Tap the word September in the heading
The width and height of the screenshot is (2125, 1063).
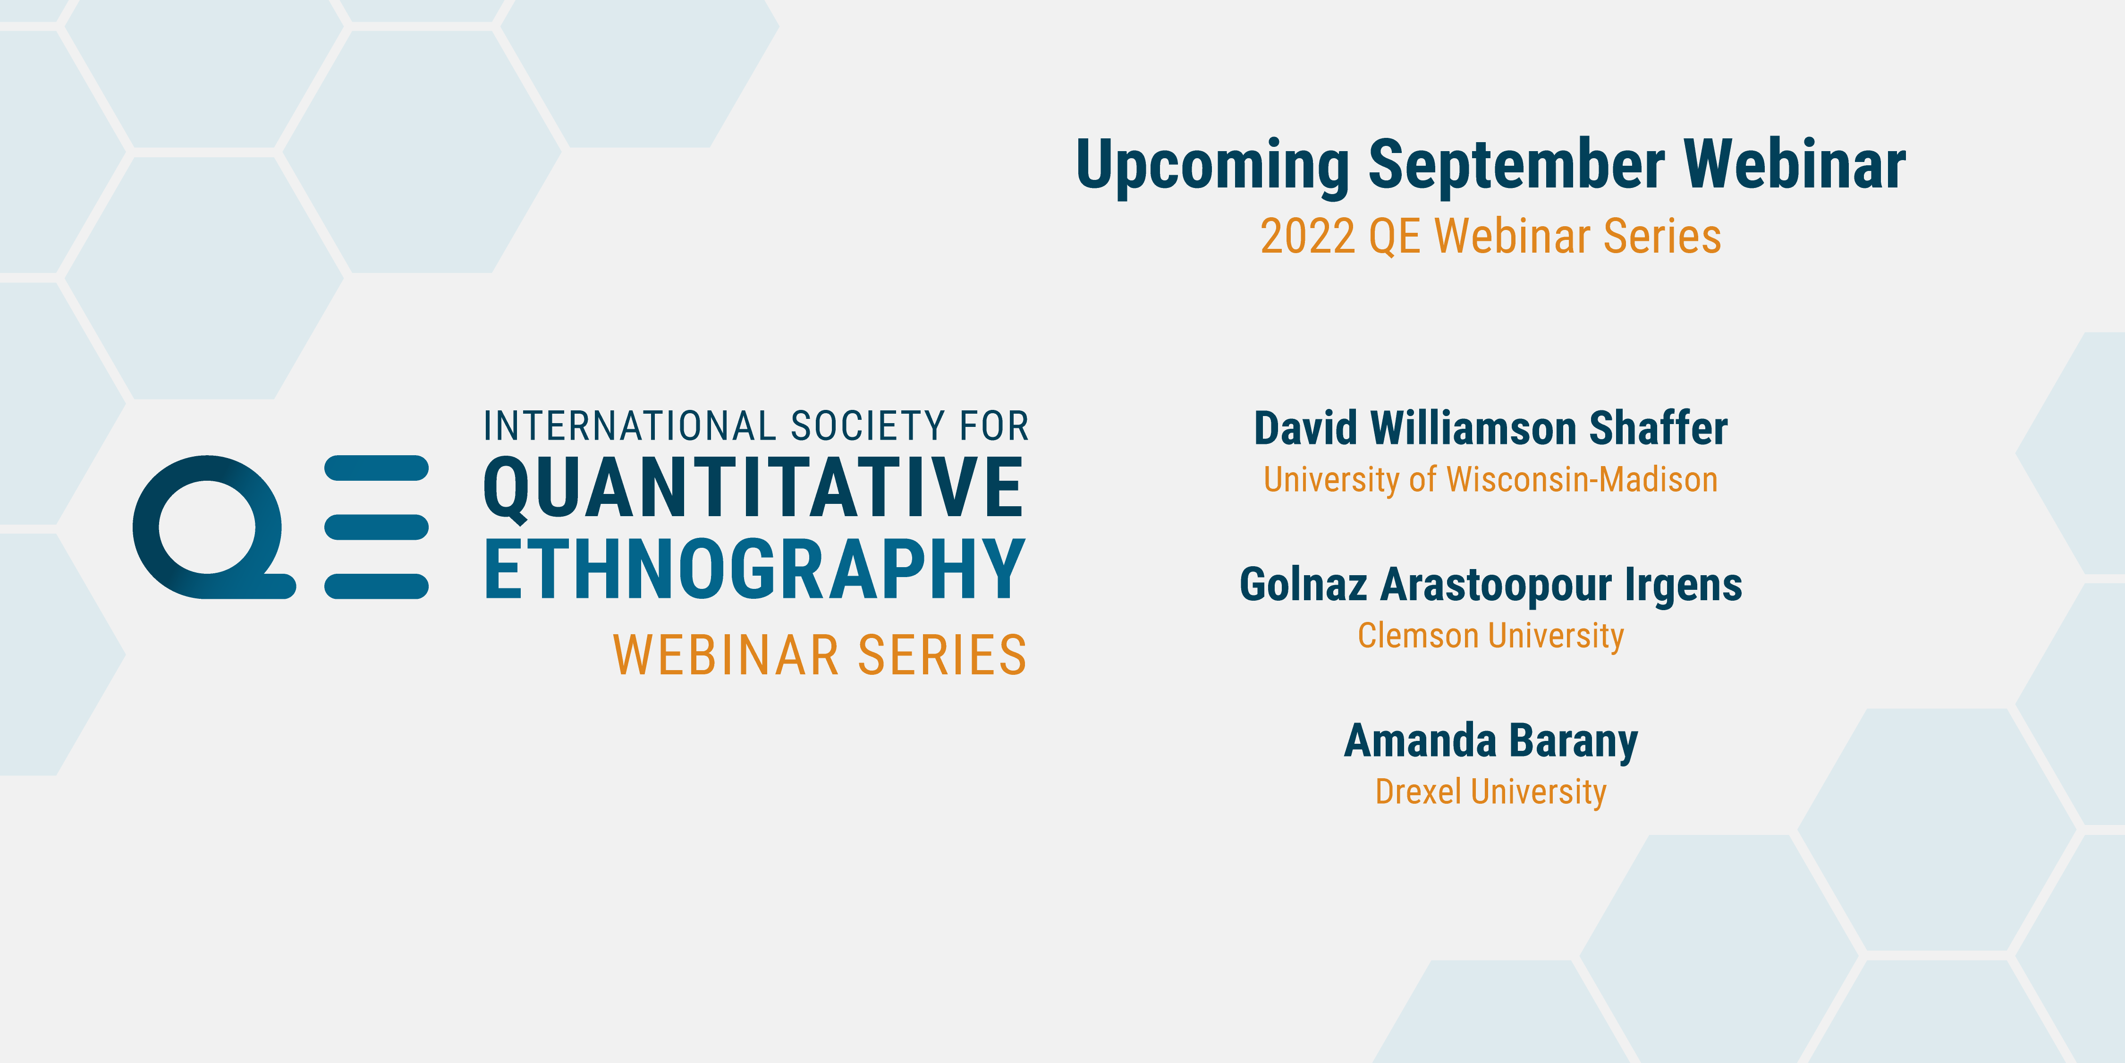pyautogui.click(x=1516, y=165)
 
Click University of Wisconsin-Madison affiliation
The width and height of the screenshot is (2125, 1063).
pyautogui.click(x=1490, y=479)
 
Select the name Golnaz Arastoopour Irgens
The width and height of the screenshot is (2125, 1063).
pyautogui.click(x=1490, y=585)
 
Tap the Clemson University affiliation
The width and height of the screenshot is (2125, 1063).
pyautogui.click(x=1490, y=636)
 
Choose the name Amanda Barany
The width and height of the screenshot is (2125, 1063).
pyautogui.click(x=1490, y=741)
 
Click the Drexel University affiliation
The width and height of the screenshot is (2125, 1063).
pyautogui.click(x=1490, y=791)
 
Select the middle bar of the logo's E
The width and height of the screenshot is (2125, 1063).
pyautogui.click(x=376, y=527)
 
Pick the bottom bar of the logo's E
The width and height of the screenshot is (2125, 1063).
pyautogui.click(x=376, y=586)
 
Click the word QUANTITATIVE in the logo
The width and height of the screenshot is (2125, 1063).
pyautogui.click(x=753, y=489)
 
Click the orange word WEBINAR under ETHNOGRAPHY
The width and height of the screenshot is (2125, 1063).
pyautogui.click(x=726, y=655)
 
